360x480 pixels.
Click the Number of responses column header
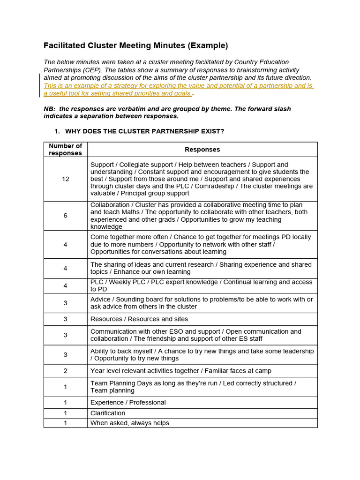click(65, 150)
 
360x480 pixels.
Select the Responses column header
click(202, 150)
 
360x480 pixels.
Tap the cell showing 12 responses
click(65, 179)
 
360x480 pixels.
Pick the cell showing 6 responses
click(65, 216)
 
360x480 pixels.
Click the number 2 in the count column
click(65, 371)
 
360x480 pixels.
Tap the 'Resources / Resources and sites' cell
click(139, 319)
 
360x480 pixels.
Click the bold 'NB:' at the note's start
click(50, 109)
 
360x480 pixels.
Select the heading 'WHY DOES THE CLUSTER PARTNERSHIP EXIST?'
click(144, 131)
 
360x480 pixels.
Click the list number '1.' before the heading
click(58, 131)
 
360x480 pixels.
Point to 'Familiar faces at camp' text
click(238, 371)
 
